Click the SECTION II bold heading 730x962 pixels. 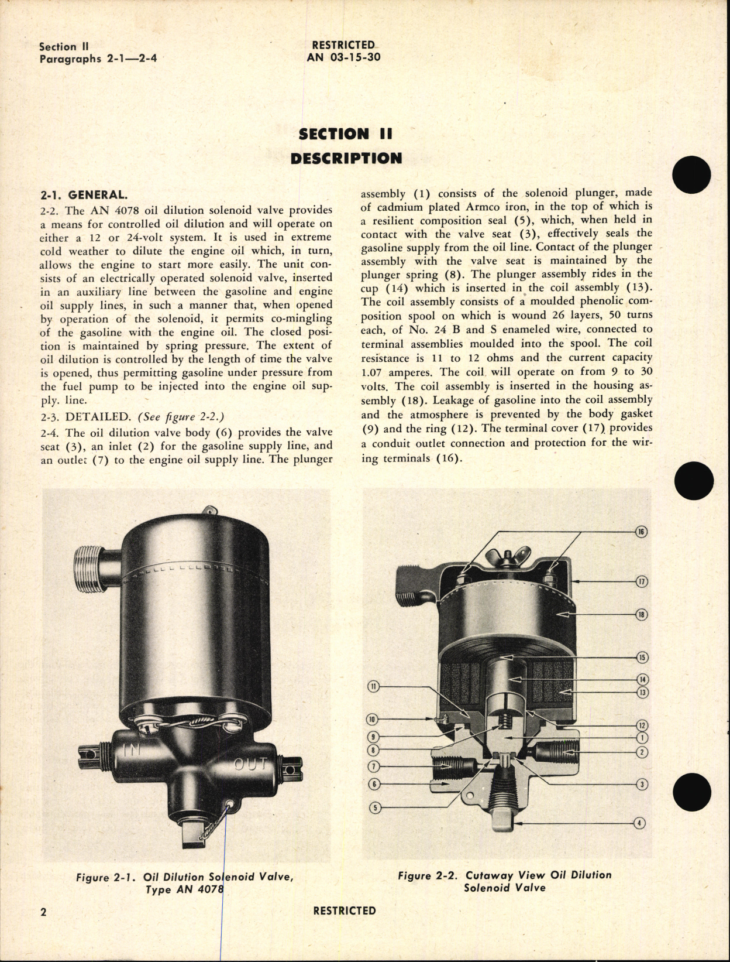[x=345, y=133]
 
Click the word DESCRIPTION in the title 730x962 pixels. [x=346, y=158]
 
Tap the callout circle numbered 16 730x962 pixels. [x=641, y=532]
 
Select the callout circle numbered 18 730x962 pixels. [x=642, y=615]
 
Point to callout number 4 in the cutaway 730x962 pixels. [x=640, y=823]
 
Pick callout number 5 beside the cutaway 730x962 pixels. [x=376, y=808]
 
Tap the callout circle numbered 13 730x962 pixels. [x=642, y=693]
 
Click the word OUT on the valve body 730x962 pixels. [x=251, y=764]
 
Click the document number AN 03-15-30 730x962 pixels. [x=344, y=57]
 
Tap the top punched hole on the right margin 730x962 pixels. [x=691, y=175]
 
